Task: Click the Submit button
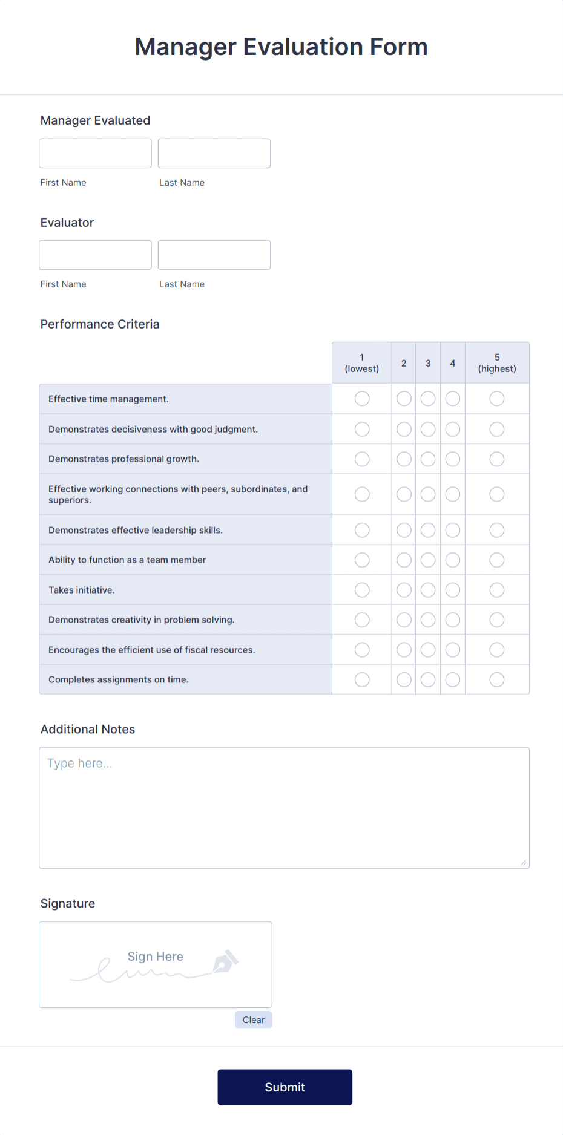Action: (x=285, y=1087)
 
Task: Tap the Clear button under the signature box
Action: (x=253, y=1019)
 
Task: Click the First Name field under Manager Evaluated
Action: (x=95, y=153)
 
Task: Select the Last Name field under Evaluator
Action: (x=214, y=255)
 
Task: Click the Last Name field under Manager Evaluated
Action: (x=214, y=153)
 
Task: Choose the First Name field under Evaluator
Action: (x=95, y=255)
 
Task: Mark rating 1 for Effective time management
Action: (x=362, y=399)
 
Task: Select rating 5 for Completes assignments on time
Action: (x=496, y=679)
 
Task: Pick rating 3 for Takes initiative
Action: (x=428, y=590)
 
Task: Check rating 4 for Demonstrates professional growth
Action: (x=452, y=459)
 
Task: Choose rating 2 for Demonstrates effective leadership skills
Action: (x=404, y=530)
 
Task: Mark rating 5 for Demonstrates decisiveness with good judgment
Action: (x=496, y=429)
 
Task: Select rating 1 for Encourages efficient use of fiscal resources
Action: (x=362, y=650)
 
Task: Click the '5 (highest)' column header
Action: (x=496, y=363)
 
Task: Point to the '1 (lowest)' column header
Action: (x=362, y=363)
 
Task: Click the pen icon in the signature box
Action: (x=225, y=961)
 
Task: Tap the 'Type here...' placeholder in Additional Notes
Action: (x=80, y=764)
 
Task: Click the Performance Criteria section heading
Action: (x=100, y=324)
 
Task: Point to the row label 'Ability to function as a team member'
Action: (x=127, y=560)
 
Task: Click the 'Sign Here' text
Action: (x=155, y=956)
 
